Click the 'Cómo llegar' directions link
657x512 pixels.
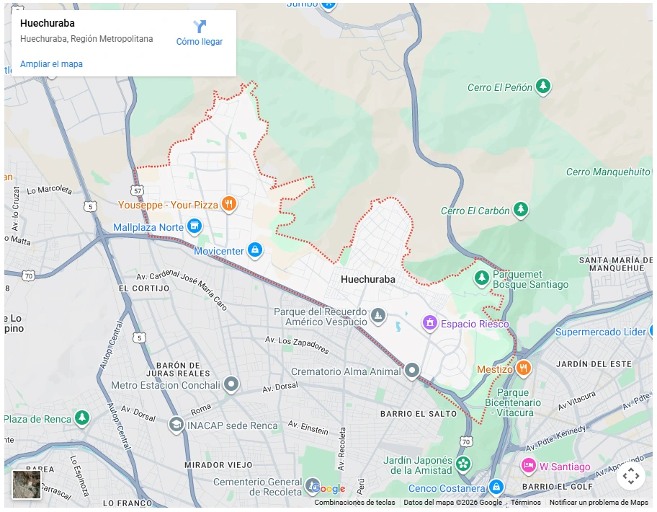tap(200, 33)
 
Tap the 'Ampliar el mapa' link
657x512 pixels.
tap(51, 64)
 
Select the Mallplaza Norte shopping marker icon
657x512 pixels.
tap(194, 227)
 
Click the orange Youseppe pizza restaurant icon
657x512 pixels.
tap(228, 204)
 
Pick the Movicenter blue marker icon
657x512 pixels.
tap(254, 250)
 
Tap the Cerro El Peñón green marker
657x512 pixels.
tap(544, 87)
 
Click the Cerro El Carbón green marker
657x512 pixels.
tap(520, 211)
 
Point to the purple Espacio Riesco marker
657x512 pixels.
tap(430, 323)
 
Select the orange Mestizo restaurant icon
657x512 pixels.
tap(524, 368)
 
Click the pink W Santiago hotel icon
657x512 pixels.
tap(529, 466)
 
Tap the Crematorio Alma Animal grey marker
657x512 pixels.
tap(412, 371)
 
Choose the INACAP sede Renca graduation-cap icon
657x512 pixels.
tap(176, 425)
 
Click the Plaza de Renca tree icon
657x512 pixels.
tap(83, 418)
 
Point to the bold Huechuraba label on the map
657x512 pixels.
tap(367, 279)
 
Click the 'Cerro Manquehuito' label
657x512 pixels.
tap(608, 172)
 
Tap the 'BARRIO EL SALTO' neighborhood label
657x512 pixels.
tap(419, 413)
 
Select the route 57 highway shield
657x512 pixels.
tap(137, 190)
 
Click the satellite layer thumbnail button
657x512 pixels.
tap(27, 484)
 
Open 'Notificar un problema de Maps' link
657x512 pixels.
tap(598, 503)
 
